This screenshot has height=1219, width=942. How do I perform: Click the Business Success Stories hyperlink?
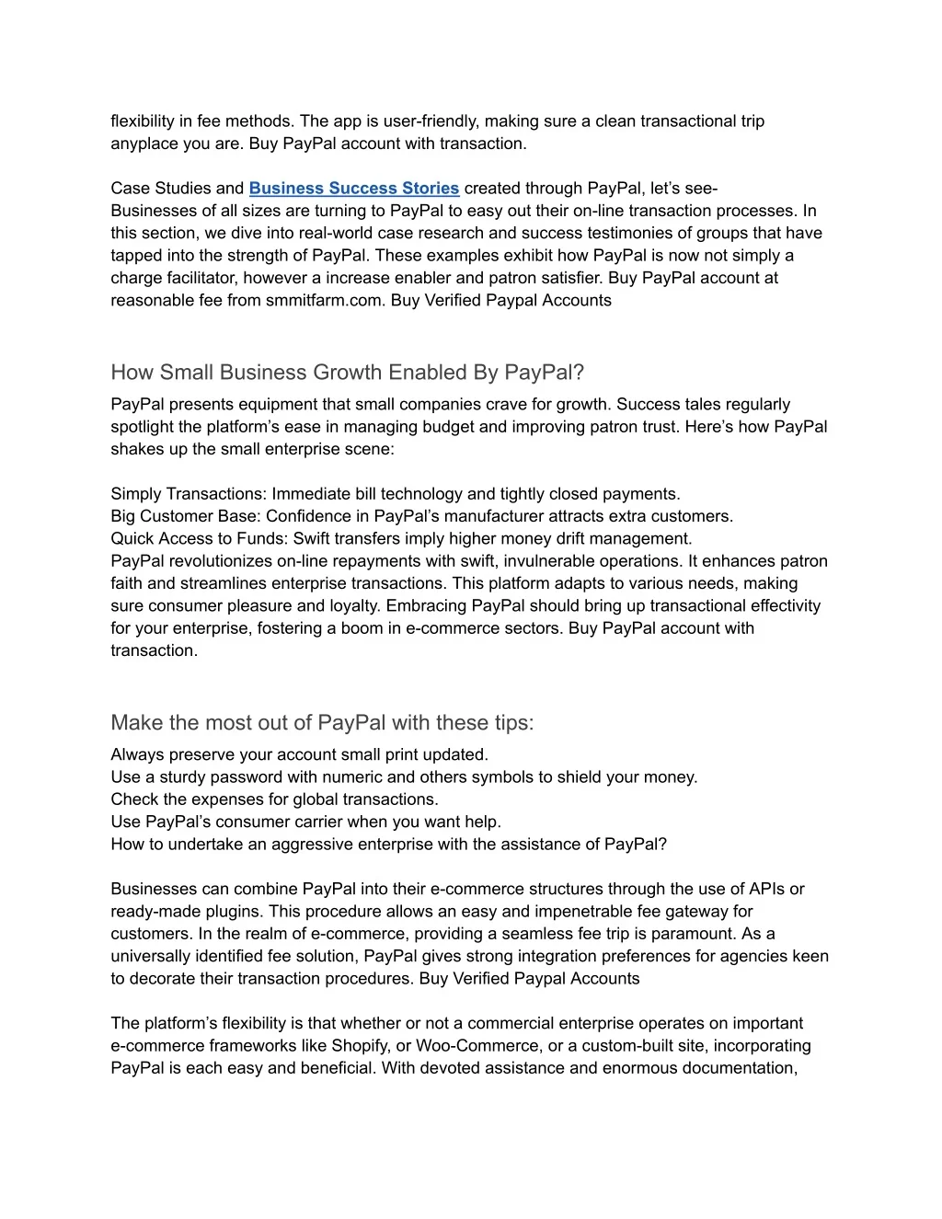(x=353, y=189)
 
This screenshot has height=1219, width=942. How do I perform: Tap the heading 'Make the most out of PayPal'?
(x=322, y=723)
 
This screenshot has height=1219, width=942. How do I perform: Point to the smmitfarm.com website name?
(x=324, y=301)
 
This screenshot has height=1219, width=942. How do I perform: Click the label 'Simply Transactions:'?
(x=189, y=494)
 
